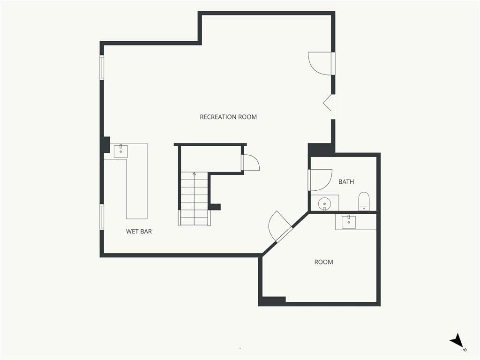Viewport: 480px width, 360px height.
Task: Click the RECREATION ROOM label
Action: (x=228, y=117)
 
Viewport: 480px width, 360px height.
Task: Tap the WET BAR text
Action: (x=139, y=232)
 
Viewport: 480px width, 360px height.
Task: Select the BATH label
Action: (x=346, y=182)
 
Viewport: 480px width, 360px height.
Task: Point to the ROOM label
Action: (x=323, y=262)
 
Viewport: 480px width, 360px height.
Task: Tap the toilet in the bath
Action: (x=364, y=201)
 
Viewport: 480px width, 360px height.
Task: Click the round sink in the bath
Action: (x=324, y=203)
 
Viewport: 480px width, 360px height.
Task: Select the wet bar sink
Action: (x=121, y=151)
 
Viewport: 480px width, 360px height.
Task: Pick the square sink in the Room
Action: (x=349, y=221)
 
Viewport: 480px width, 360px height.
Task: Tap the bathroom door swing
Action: (x=321, y=180)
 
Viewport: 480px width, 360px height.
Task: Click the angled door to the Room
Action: (x=279, y=226)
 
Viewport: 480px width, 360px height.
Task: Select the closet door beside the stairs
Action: (x=250, y=162)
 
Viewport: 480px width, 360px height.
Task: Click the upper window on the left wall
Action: (x=102, y=67)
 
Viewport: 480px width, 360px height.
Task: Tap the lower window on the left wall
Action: (x=102, y=217)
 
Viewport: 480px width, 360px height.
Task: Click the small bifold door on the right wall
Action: (x=329, y=103)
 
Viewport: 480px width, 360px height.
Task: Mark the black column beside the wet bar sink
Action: (x=106, y=144)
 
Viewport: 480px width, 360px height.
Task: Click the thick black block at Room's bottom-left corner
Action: (x=272, y=301)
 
